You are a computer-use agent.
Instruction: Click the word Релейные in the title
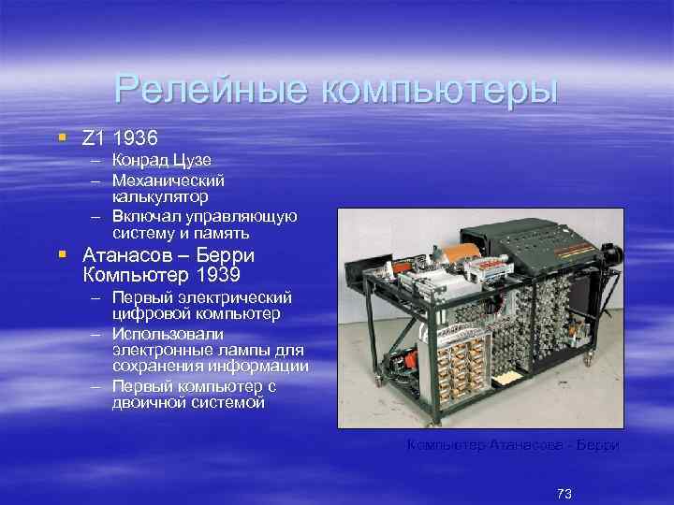pyautogui.click(x=212, y=90)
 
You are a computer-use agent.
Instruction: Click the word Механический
pyautogui.click(x=168, y=179)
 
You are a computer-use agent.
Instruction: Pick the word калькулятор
pyautogui.click(x=160, y=196)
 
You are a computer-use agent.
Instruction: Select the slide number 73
pyautogui.click(x=564, y=493)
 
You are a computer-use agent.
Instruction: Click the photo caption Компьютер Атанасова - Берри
pyautogui.click(x=512, y=445)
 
